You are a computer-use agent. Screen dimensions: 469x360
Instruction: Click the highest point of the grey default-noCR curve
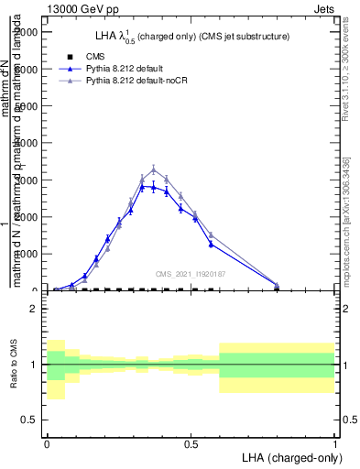154,169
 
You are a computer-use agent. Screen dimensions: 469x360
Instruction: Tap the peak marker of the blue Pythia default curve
142,186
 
